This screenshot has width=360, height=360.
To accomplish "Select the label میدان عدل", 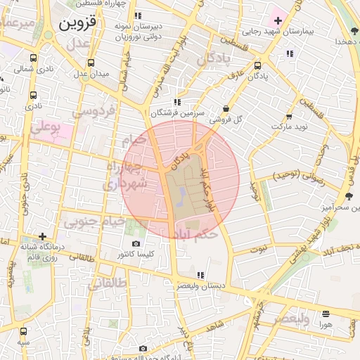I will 91,73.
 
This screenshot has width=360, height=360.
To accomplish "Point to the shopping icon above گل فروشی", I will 226,108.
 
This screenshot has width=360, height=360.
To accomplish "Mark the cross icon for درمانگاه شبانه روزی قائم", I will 43,236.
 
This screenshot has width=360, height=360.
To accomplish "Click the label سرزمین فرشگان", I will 180,112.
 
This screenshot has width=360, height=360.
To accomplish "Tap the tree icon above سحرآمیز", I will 349,196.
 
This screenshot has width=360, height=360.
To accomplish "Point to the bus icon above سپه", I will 24,331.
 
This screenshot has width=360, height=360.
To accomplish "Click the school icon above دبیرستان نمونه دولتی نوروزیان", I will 138,15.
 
